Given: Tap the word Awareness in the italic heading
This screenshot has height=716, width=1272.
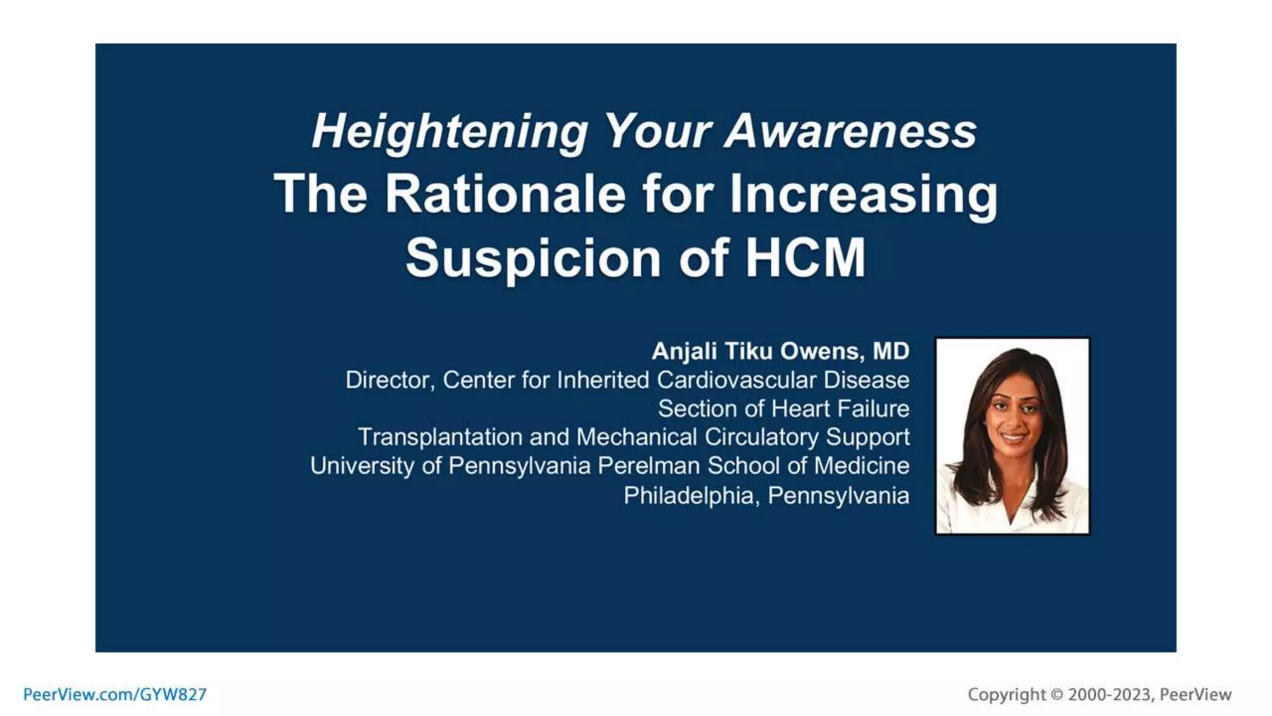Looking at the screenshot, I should (x=851, y=131).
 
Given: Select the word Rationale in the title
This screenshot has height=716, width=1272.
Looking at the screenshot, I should (x=505, y=194).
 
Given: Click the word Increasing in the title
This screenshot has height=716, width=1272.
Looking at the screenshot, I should (x=863, y=194).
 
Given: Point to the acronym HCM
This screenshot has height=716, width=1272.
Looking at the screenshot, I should (x=805, y=257).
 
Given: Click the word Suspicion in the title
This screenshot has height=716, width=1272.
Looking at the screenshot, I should (x=534, y=257).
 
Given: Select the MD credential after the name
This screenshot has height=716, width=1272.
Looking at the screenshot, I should (x=891, y=351).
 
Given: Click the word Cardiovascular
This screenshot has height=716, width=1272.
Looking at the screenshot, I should (x=737, y=380).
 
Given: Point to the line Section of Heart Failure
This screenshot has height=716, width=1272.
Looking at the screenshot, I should (x=783, y=408).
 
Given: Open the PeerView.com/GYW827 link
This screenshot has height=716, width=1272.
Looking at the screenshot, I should (x=115, y=694).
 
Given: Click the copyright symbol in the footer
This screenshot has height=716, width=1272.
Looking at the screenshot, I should (x=1056, y=694).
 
